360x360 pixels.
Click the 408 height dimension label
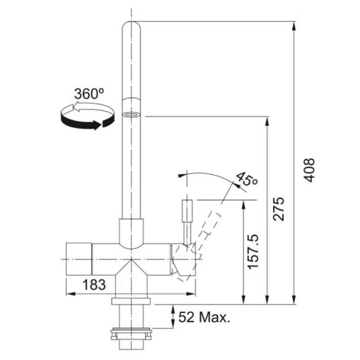[308, 170]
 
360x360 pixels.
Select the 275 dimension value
[279, 208]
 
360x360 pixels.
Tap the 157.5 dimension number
[254, 251]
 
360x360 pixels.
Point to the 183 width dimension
[94, 284]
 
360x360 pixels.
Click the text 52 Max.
[204, 318]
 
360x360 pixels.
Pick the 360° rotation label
[89, 94]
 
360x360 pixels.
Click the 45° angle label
[247, 179]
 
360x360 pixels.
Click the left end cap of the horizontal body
[79, 259]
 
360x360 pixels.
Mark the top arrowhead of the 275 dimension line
[268, 121]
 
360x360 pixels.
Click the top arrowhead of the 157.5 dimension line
[243, 204]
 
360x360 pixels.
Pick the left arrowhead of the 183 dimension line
[70, 294]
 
